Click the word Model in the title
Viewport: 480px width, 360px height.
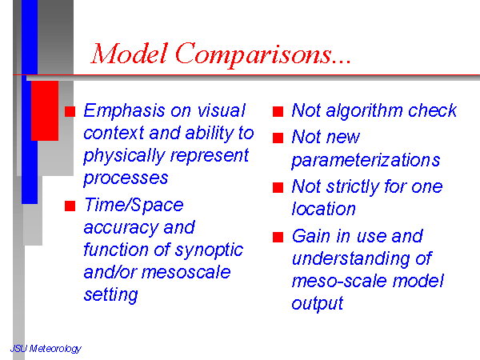[x=130, y=54]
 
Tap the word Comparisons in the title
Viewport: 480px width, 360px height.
[x=254, y=54]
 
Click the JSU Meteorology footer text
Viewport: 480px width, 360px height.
[x=46, y=348]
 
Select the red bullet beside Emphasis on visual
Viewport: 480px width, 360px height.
[x=70, y=111]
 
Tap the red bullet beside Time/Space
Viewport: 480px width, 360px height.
[x=70, y=206]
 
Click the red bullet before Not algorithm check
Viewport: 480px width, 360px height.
[x=278, y=111]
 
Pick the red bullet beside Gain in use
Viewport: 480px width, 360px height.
[x=278, y=238]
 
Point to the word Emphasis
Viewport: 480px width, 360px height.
[x=124, y=111]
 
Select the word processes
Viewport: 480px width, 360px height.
[x=126, y=178]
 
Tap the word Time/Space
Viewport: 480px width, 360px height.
[x=134, y=205]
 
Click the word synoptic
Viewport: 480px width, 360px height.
[x=209, y=250]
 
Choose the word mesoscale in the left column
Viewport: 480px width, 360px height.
[x=186, y=272]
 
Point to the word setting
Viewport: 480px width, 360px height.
[x=111, y=295]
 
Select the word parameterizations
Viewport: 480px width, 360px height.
[x=366, y=161]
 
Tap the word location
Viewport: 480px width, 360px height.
[x=323, y=209]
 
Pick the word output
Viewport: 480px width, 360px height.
[x=318, y=304]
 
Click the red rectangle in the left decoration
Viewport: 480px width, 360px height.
[x=45, y=111]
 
